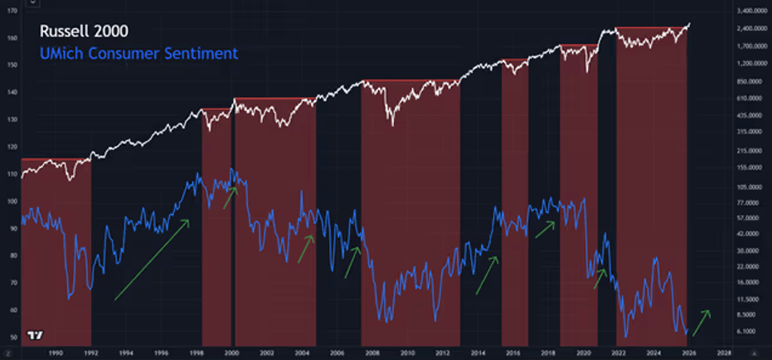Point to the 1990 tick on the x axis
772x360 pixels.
tap(56, 353)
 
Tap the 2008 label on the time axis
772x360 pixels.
tap(371, 353)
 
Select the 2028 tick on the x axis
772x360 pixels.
tap(724, 353)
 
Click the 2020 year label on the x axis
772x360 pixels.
tap(583, 353)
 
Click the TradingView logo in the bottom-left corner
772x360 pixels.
tap(34, 335)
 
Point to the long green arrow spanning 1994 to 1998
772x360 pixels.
tap(152, 260)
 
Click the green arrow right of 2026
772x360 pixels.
tap(701, 323)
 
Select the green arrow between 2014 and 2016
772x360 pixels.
tap(487, 275)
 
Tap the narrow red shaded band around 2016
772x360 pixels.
tap(515, 207)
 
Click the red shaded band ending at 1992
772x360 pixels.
tap(56, 249)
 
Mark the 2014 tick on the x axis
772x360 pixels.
tap(478, 353)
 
